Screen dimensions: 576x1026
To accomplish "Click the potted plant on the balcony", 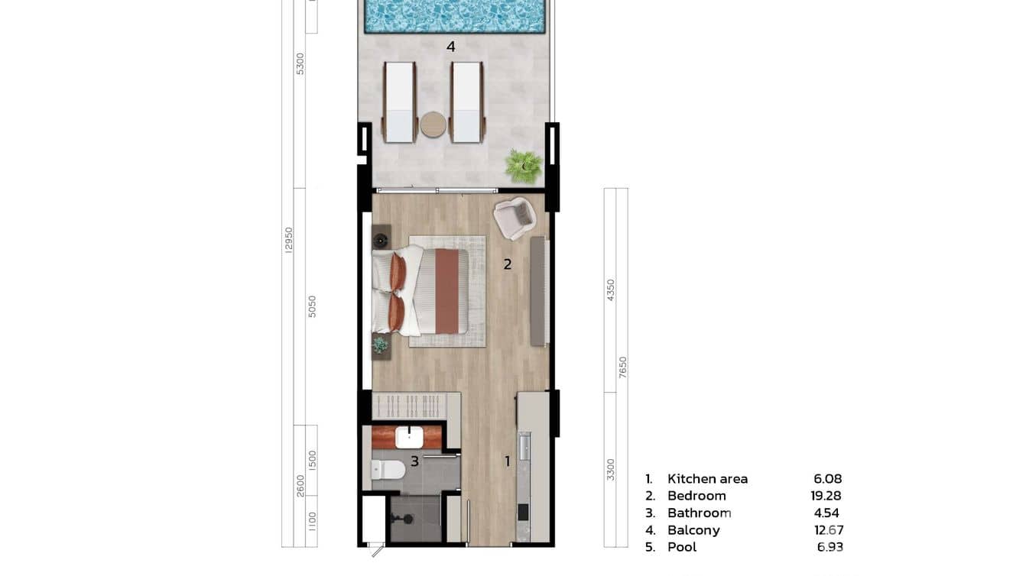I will point(524,166).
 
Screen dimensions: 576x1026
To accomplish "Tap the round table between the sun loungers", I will point(433,124).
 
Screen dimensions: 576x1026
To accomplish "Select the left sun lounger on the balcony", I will point(398,102).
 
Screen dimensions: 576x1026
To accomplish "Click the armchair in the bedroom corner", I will point(515,217).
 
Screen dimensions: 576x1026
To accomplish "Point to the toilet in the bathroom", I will point(387,469).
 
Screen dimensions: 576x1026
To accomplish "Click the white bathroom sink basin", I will point(409,437).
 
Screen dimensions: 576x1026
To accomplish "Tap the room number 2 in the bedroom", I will point(507,265).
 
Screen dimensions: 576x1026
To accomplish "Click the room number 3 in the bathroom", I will point(414,461).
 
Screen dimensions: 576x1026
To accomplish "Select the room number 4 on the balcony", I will point(451,47).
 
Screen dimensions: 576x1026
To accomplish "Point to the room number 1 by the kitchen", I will point(506,461).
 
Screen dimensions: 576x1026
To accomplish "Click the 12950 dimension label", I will point(288,240).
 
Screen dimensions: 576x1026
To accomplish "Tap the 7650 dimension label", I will point(622,368).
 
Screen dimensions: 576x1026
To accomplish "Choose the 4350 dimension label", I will point(610,290).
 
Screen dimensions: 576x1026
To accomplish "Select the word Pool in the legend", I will point(682,547).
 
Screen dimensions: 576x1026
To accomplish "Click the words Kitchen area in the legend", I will point(707,479).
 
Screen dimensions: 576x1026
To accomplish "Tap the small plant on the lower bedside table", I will point(380,345).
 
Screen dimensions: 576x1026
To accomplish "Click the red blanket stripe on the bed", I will point(446,291).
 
